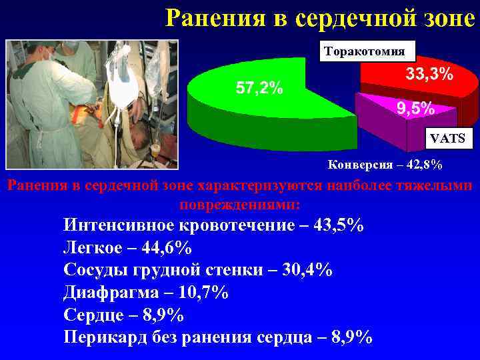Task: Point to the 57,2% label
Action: (259, 87)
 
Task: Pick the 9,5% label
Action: (415, 107)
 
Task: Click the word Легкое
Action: (93, 247)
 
